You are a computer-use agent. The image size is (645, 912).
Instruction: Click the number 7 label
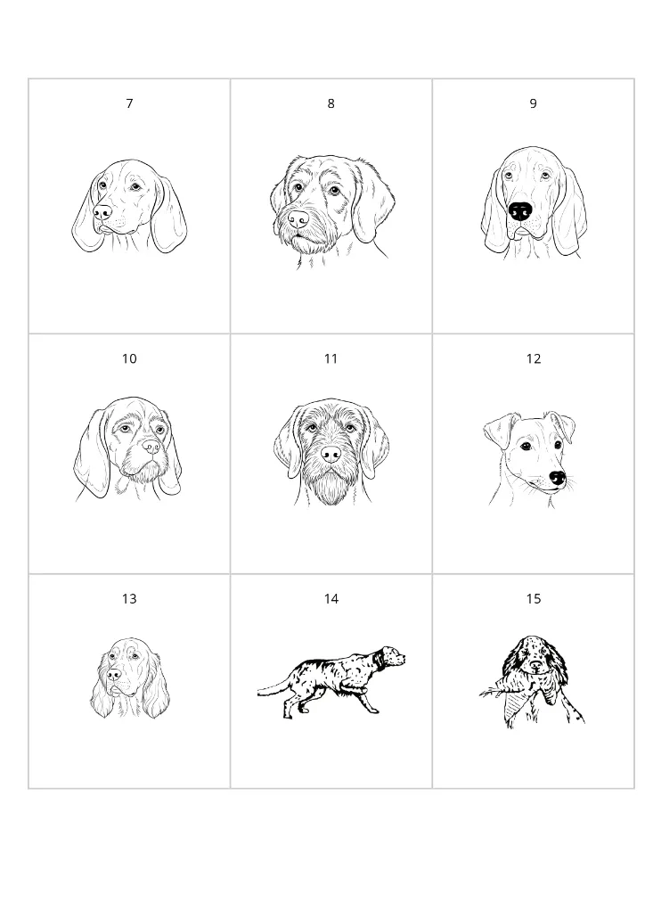pyautogui.click(x=129, y=103)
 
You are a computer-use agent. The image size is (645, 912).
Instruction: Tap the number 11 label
pyautogui.click(x=331, y=358)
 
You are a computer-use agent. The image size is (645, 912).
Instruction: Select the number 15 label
pyautogui.click(x=533, y=598)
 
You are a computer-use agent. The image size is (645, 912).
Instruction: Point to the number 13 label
pyautogui.click(x=129, y=598)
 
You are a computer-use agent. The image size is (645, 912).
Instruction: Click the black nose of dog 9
pyautogui.click(x=520, y=211)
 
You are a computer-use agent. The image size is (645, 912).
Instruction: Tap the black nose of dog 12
pyautogui.click(x=558, y=478)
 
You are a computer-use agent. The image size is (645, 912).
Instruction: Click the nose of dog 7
pyautogui.click(x=102, y=212)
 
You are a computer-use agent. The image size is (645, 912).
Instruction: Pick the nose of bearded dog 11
pyautogui.click(x=331, y=455)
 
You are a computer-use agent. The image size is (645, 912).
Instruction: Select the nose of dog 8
pyautogui.click(x=298, y=218)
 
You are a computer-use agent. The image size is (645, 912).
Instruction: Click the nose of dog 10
pyautogui.click(x=151, y=446)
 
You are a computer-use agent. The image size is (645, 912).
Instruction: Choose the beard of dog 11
pyautogui.click(x=331, y=486)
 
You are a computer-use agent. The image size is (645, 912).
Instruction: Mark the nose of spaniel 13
pyautogui.click(x=114, y=676)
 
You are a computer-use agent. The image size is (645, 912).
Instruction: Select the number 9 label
pyautogui.click(x=533, y=103)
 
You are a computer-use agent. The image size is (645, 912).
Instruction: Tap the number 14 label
pyautogui.click(x=331, y=598)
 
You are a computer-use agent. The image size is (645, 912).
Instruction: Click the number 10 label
pyautogui.click(x=129, y=358)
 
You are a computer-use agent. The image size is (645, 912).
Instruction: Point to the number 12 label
pyautogui.click(x=533, y=358)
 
